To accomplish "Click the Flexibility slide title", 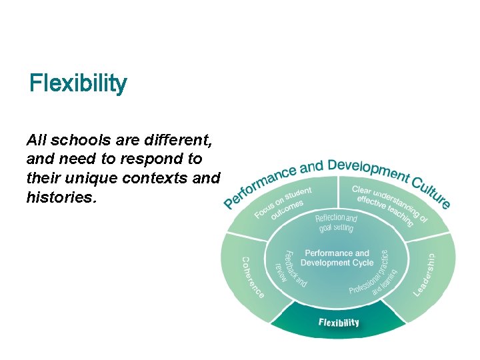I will (78, 84).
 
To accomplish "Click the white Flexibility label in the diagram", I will (339, 323).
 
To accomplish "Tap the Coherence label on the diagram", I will (251, 277).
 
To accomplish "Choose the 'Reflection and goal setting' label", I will (336, 223).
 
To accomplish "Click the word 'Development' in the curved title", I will (366, 169).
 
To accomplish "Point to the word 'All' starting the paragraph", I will (36, 141).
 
